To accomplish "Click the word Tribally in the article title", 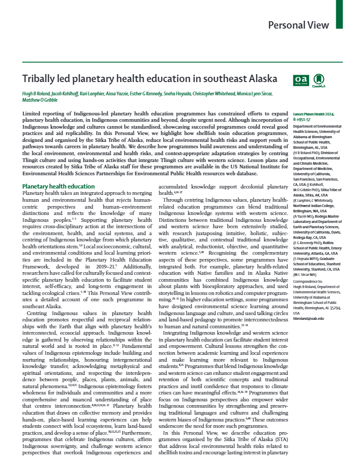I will pos(38,79).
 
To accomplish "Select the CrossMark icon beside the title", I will pos(318,79).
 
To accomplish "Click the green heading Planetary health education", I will pos(58,186).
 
